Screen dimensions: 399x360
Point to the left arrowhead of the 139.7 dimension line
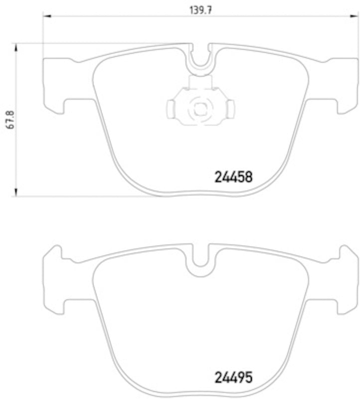point(46,16)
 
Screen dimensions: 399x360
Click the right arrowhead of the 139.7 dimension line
point(355,16)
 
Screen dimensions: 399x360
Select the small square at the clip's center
point(199,107)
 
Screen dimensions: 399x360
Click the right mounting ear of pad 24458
point(344,85)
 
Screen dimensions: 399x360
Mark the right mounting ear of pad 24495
point(344,282)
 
